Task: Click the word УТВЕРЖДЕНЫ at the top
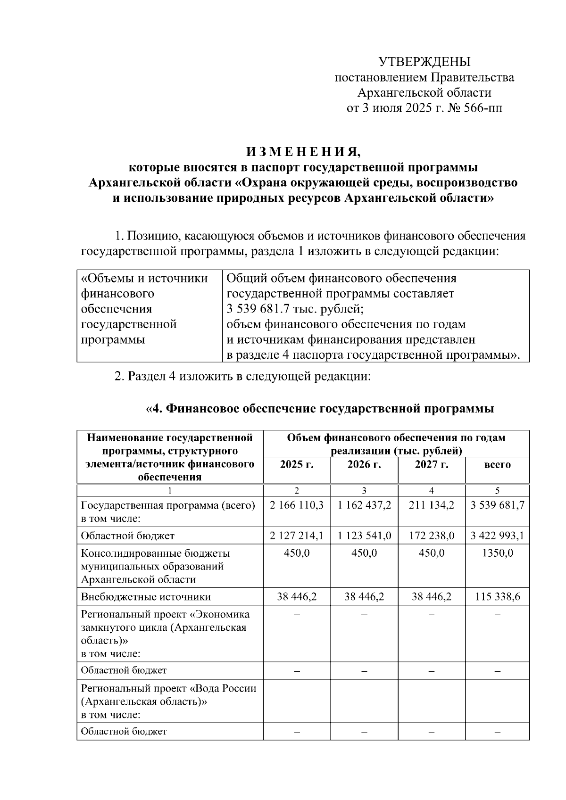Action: [424, 62]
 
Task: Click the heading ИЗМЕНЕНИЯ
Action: [304, 152]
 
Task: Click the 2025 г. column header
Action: [297, 464]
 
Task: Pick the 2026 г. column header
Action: [364, 464]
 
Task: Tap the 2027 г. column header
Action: [432, 464]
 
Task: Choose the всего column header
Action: [497, 465]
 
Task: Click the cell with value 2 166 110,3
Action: [297, 505]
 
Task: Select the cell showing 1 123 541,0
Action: [364, 536]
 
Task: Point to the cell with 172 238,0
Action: [432, 536]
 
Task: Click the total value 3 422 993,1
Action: [497, 536]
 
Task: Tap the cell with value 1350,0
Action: [497, 553]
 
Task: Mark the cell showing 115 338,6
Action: [497, 597]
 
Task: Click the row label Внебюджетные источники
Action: [146, 597]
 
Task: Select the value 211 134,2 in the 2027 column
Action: [432, 505]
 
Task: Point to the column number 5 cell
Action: [497, 490]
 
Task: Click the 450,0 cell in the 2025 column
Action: [297, 553]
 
